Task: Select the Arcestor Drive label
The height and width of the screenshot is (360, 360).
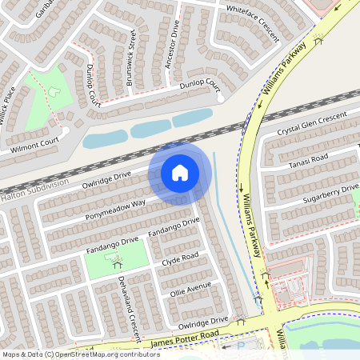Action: pyautogui.click(x=171, y=48)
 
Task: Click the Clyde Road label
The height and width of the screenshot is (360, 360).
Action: pyautogui.click(x=180, y=259)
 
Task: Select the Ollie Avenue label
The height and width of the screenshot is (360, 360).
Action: pyautogui.click(x=190, y=289)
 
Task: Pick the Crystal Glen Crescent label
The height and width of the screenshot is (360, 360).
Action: pyautogui.click(x=312, y=124)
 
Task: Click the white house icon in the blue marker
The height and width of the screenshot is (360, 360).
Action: pyautogui.click(x=180, y=173)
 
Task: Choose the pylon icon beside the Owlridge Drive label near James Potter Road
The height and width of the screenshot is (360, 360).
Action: pyautogui.click(x=241, y=321)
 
